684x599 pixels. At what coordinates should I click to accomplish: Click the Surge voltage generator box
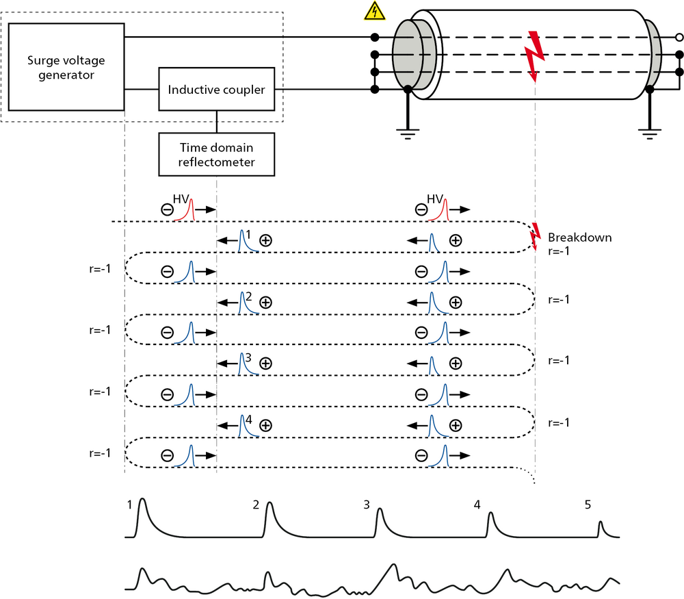pyautogui.click(x=66, y=66)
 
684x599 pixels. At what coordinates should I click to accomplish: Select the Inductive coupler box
pyautogui.click(x=216, y=89)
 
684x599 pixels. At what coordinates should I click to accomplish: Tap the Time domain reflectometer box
pyautogui.click(x=216, y=154)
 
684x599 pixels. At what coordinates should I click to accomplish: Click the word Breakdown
pyautogui.click(x=579, y=238)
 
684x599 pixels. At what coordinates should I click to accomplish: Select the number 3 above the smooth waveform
pyautogui.click(x=367, y=505)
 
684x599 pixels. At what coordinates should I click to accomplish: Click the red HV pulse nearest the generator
pyautogui.click(x=190, y=209)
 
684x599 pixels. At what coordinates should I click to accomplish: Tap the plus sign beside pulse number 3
pyautogui.click(x=266, y=364)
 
